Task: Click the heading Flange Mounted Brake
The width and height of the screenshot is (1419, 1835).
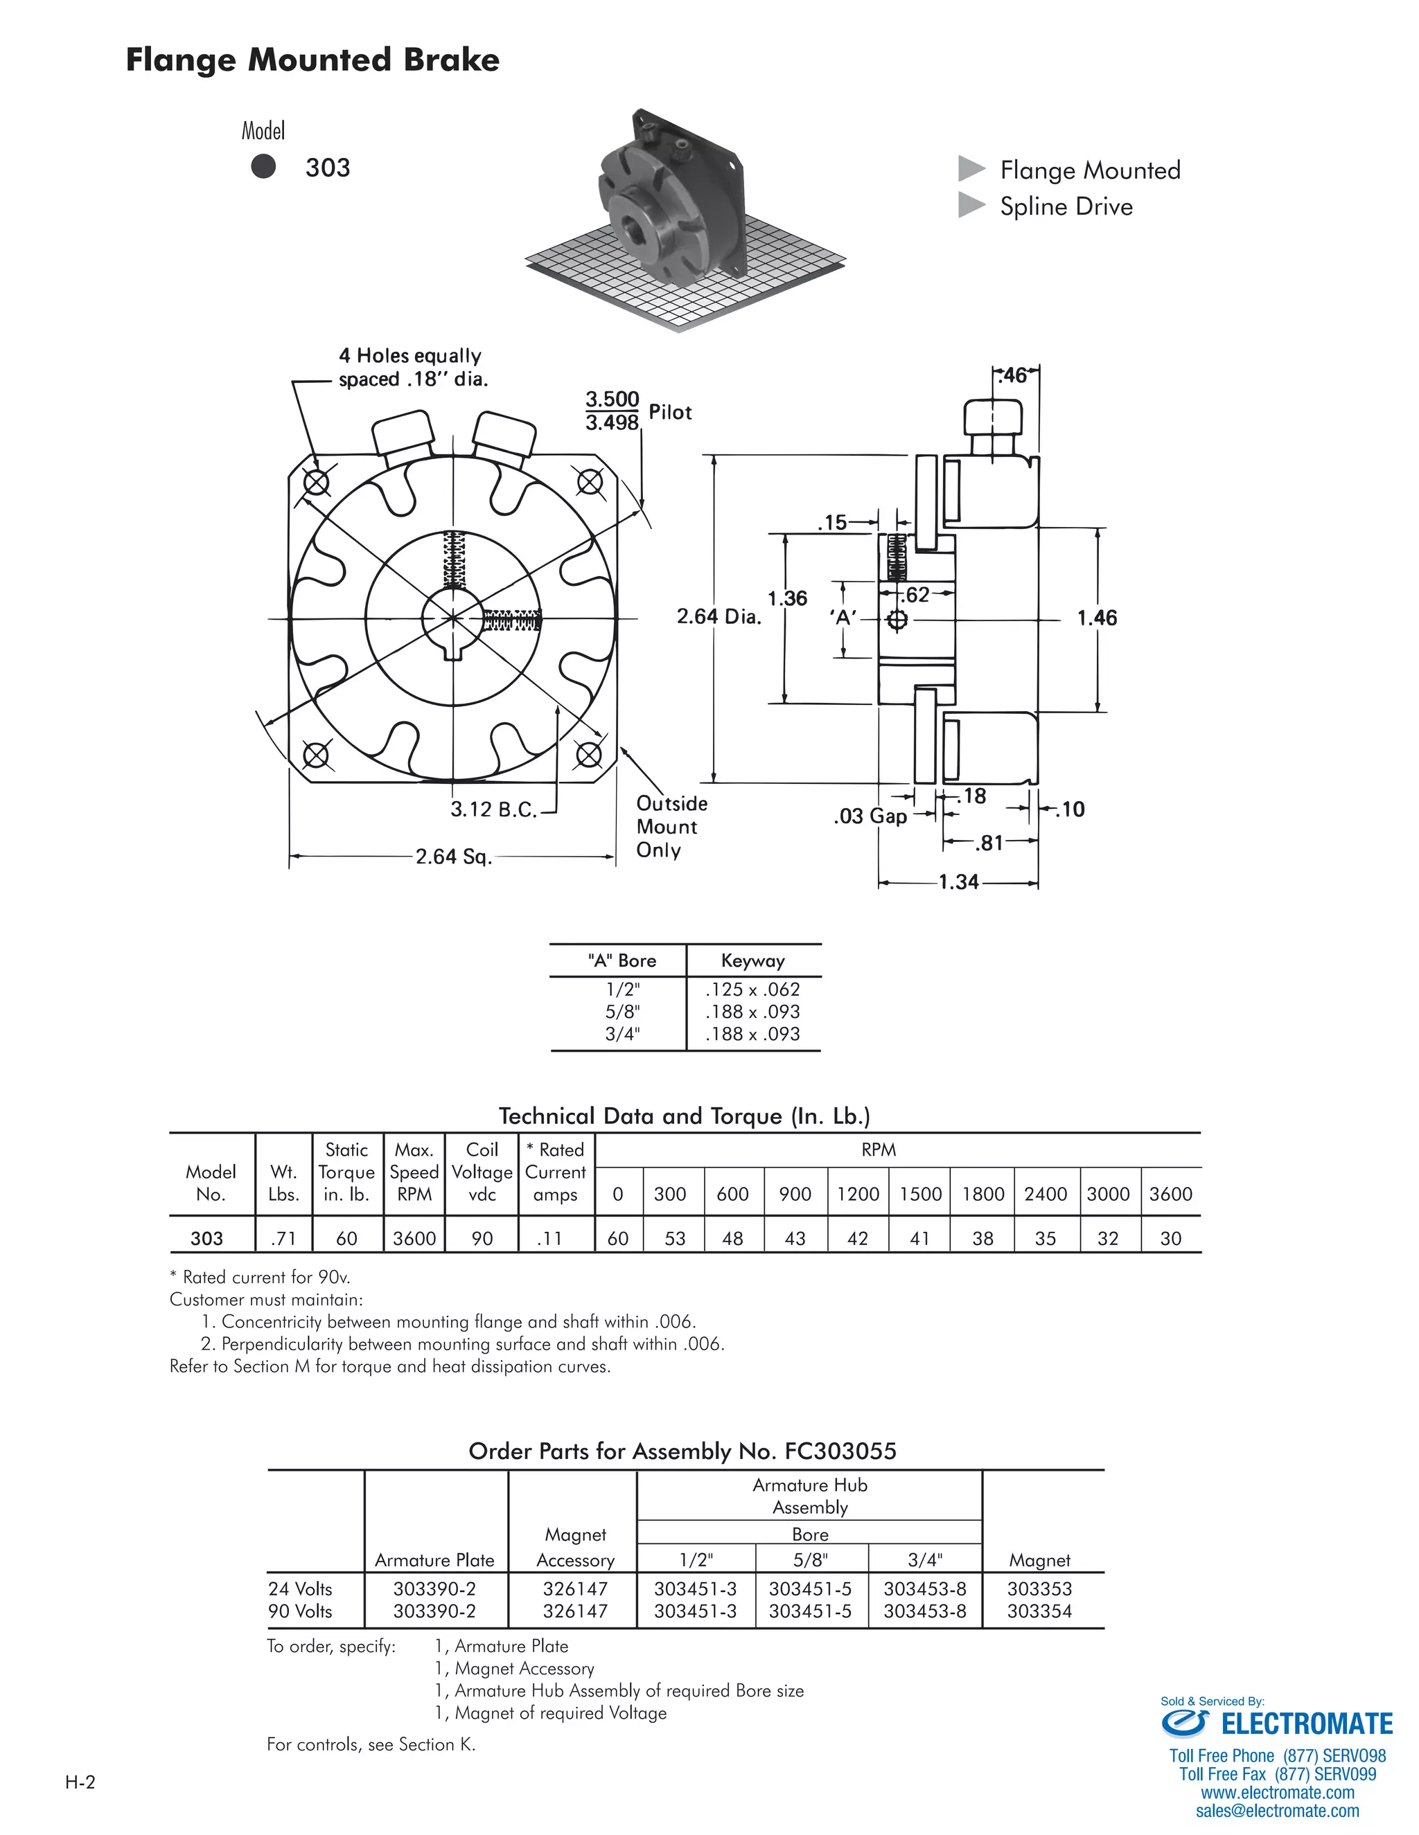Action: (x=312, y=60)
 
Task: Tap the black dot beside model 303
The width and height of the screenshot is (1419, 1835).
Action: (x=263, y=166)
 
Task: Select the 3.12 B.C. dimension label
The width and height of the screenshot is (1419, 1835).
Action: (x=493, y=809)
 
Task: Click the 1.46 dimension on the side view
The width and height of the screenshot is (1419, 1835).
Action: (x=1096, y=618)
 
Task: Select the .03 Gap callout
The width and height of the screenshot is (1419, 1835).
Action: (x=870, y=816)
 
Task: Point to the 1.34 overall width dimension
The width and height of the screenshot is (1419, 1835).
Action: (x=958, y=881)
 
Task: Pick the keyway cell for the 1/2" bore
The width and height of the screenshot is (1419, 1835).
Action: (x=752, y=990)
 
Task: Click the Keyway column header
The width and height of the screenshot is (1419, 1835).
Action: (x=752, y=960)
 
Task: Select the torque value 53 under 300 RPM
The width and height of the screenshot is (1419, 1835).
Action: (x=675, y=1239)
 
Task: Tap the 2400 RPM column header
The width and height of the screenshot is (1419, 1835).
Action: (x=1045, y=1194)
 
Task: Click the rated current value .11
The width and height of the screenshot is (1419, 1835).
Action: (x=549, y=1239)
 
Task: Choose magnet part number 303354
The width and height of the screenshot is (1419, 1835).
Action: (x=1039, y=1611)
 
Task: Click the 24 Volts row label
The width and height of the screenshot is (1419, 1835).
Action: (x=300, y=1588)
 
